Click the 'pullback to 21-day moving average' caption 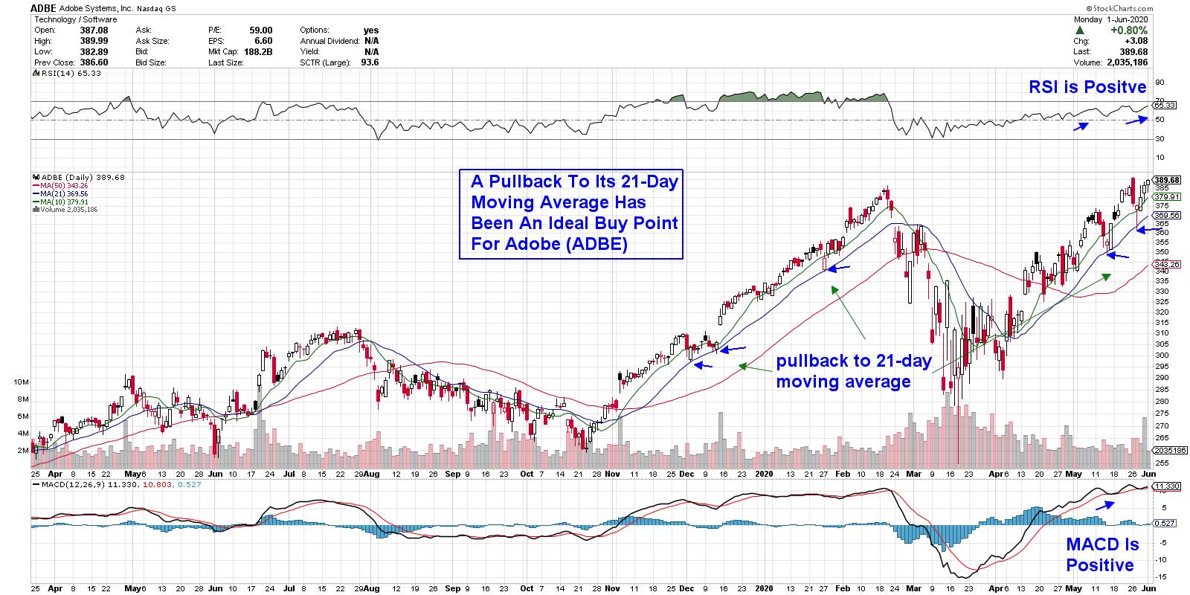(853, 372)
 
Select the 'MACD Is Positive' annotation (1101, 555)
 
